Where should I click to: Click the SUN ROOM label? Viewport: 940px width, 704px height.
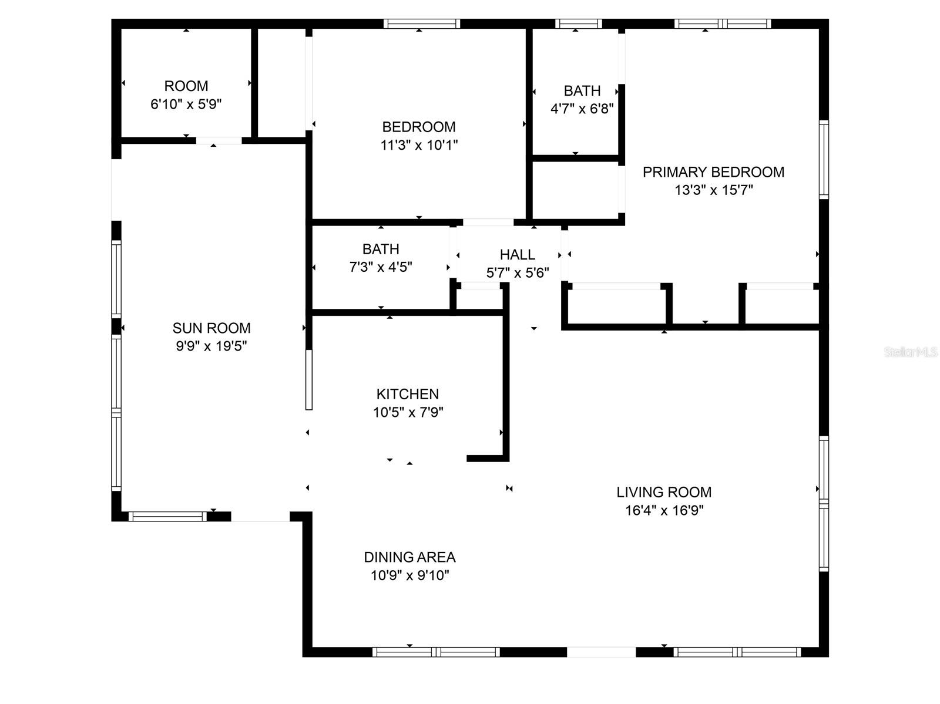211,328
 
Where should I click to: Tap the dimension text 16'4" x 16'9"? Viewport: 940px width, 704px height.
664,510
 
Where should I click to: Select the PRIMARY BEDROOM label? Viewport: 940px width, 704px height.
713,172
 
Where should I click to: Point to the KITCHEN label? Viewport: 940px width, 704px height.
407,394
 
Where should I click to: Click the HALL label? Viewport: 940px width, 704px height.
517,254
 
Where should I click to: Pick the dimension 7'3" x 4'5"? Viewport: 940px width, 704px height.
381,267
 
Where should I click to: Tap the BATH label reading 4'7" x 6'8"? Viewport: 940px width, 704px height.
582,91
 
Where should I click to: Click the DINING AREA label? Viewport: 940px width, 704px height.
409,557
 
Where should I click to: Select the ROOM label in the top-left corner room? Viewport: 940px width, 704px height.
186,86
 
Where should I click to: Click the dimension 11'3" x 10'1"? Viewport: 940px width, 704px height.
419,145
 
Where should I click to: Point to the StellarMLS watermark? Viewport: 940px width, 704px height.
911,352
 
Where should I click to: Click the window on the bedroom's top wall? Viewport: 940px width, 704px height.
421,24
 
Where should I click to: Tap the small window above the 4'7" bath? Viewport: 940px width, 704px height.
578,24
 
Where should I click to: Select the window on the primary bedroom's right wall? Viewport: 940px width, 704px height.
824,160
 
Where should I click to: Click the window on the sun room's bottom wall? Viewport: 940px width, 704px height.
167,517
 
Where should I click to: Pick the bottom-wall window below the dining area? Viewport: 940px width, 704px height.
436,652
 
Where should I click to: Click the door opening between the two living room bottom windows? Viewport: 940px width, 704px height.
601,652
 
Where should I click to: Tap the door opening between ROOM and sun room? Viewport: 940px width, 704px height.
219,140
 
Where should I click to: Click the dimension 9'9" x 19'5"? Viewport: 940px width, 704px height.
211,346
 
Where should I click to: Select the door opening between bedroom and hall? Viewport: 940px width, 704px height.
488,223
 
